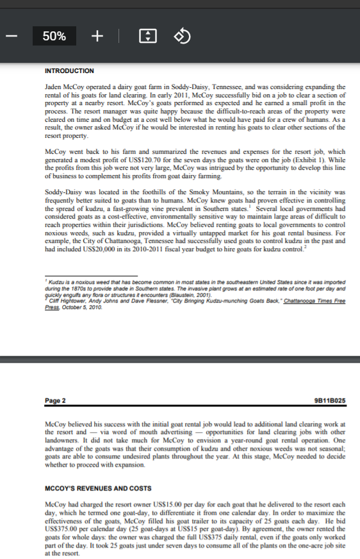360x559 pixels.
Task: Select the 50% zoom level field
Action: pyautogui.click(x=54, y=37)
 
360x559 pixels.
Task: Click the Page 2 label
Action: pyautogui.click(x=56, y=401)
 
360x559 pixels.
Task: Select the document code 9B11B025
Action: pyautogui.click(x=331, y=401)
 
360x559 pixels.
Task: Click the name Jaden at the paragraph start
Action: pyautogui.click(x=55, y=86)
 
